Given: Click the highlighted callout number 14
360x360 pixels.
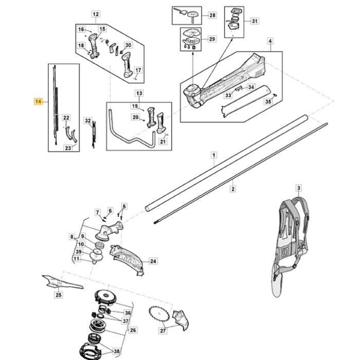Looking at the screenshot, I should coord(39,102).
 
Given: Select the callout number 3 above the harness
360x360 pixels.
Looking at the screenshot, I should coord(298,188).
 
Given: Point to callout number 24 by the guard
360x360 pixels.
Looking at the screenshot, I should coord(153,261).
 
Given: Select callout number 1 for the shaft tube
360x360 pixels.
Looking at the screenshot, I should coord(214,155).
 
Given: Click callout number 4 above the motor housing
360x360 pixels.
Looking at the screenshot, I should coord(270,41).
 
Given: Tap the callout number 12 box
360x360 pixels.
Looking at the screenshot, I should coord(96,14).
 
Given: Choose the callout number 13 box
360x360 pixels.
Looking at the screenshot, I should coord(138,93).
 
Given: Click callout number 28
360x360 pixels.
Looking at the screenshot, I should coord(212,16).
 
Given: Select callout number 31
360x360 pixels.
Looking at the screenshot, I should coord(255,21).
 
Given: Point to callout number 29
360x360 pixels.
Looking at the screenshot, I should coord(212,39).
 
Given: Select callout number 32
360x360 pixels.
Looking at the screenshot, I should coord(88,121).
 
